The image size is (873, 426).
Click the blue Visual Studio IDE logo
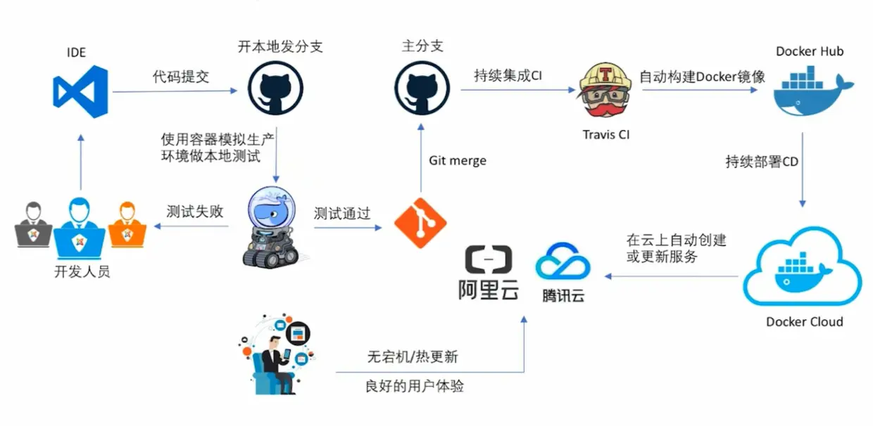coord(80,91)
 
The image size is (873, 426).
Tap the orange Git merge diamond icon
coord(420,219)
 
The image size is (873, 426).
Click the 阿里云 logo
coord(488,273)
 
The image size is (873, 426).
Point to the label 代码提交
coord(181,77)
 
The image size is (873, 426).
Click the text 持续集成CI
coord(508,76)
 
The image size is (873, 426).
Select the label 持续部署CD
coord(762,162)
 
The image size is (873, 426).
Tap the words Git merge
coord(458,161)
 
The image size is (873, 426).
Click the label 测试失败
coord(195,211)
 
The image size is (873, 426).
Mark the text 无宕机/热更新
coord(413,356)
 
